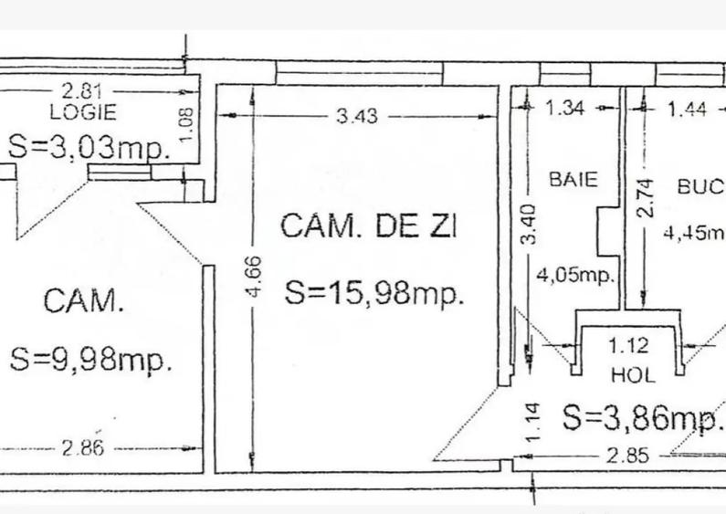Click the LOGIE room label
point(82,112)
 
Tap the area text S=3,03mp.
point(89,147)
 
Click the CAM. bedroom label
point(84,300)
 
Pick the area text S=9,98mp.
point(91,359)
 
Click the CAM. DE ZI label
point(367,226)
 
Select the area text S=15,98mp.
point(375,293)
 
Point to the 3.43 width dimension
point(357,116)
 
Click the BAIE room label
point(573,179)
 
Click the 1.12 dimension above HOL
point(627,346)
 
